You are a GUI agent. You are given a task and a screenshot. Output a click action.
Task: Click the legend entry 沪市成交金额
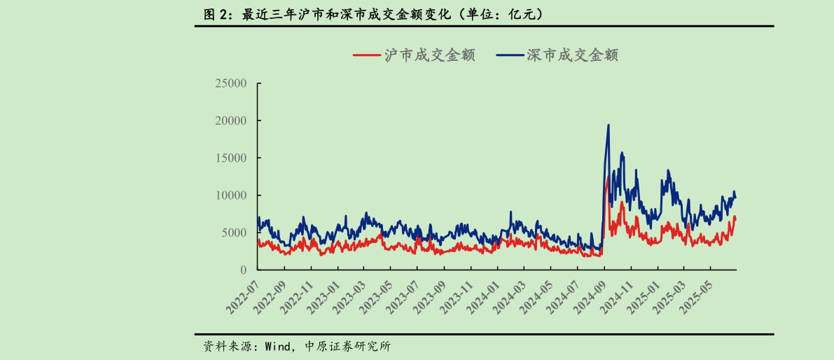click(414, 55)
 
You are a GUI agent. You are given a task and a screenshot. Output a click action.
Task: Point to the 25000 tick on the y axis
click(231, 83)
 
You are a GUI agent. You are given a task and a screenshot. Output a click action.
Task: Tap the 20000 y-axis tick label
click(231, 120)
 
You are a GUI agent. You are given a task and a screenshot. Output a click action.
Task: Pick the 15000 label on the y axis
click(231, 158)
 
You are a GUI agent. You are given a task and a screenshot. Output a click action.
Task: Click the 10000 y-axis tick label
click(231, 195)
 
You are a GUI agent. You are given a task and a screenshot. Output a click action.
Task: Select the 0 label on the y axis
click(244, 270)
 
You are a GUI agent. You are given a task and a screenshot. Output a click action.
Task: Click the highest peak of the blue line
click(608, 125)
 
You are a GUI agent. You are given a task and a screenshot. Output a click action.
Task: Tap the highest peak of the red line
click(607, 178)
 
